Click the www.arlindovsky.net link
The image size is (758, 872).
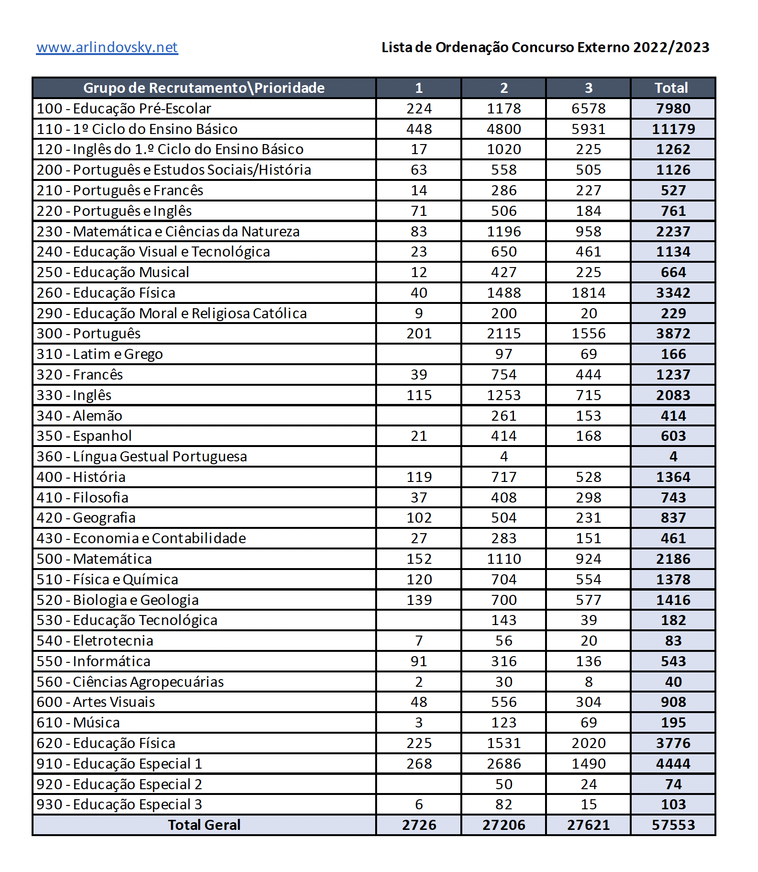[x=107, y=47]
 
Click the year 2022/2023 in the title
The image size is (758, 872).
[x=671, y=47]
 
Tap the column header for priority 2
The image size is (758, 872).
[x=504, y=88]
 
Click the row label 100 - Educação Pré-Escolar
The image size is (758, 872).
[x=124, y=109]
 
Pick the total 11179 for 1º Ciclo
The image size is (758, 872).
[x=673, y=129]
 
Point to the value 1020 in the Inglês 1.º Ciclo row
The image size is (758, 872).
[x=504, y=149]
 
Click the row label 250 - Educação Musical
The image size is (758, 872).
[x=113, y=272]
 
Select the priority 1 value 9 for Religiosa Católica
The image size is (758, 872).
[x=419, y=313]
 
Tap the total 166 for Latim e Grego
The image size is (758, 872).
[x=673, y=354]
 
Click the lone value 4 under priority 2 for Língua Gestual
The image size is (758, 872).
[x=504, y=457]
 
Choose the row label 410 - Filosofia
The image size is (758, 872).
[x=83, y=498]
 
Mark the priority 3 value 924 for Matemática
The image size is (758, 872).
[x=589, y=559]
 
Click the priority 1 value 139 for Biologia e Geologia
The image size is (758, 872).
[x=419, y=600]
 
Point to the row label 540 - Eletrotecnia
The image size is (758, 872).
[x=95, y=641]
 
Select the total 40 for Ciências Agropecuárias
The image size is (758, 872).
[x=673, y=682]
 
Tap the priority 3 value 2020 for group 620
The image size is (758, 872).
[x=589, y=743]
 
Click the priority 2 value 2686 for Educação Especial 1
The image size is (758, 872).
[x=504, y=764]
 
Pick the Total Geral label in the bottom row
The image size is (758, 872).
[x=204, y=825]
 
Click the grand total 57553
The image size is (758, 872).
[x=673, y=825]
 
